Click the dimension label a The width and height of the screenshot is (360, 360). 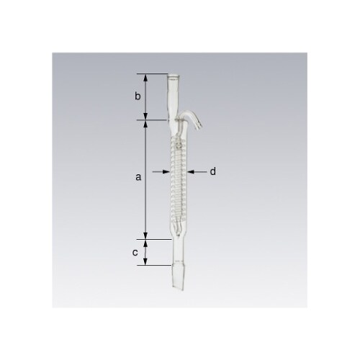pos(138,178)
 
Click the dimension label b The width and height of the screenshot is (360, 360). pos(138,96)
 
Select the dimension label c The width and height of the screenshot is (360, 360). pos(135,252)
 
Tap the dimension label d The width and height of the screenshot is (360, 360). pos(213,171)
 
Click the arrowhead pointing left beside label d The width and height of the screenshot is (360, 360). pos(191,171)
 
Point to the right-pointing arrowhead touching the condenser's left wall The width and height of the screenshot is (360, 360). pos(166,171)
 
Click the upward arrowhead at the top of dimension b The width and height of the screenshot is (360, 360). pos(145,78)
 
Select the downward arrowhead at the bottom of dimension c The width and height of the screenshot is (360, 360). pos(145,261)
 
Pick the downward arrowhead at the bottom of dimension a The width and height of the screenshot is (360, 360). pos(145,235)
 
